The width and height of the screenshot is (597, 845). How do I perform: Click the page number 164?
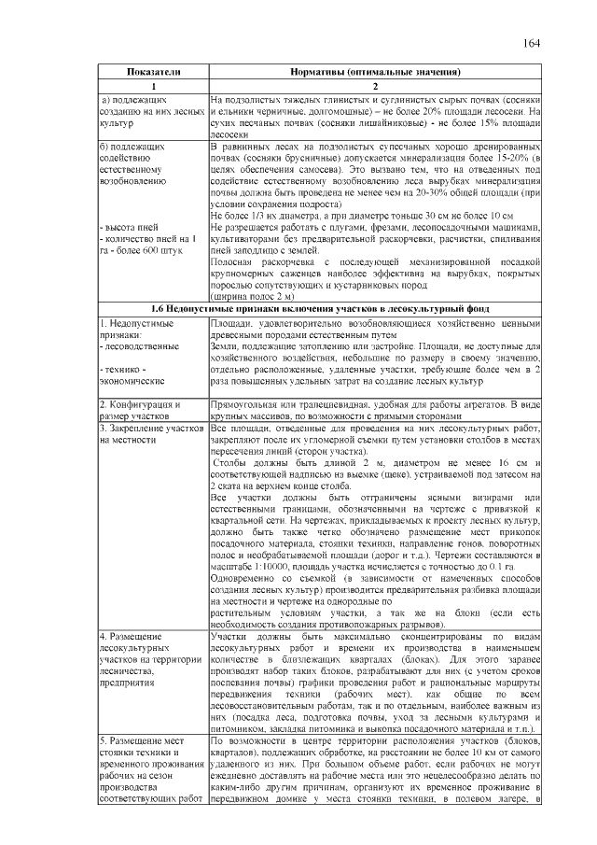pyautogui.click(x=532, y=43)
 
